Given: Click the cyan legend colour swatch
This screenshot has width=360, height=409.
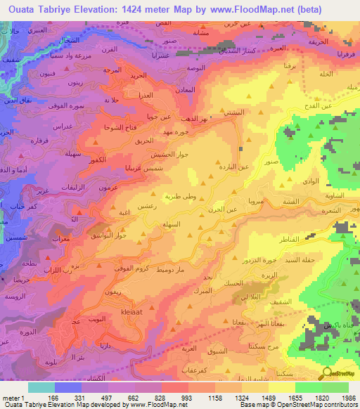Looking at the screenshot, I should (x=41, y=387).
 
